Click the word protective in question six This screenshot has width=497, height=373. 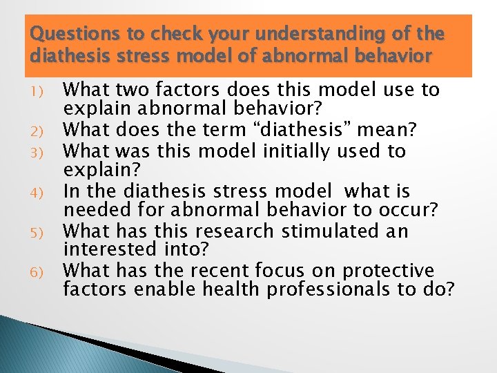coord(389,270)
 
